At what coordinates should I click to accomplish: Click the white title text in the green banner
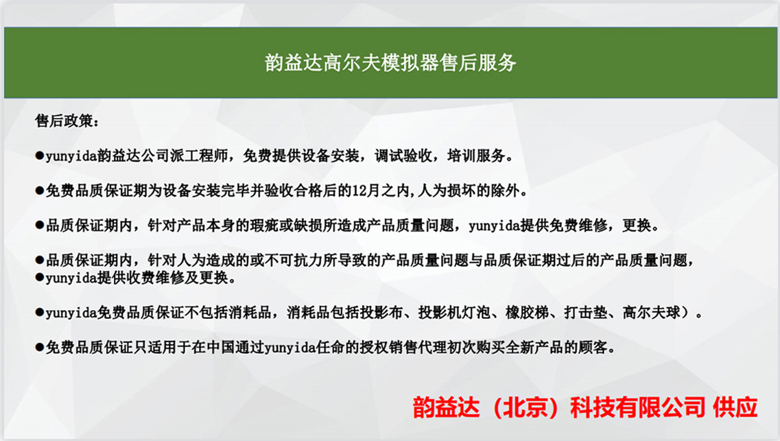(390, 62)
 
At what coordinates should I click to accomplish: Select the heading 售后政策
(64, 121)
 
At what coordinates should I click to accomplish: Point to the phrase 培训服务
(477, 156)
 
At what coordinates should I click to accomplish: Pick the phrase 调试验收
(403, 156)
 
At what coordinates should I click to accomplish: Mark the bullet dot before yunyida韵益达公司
(40, 156)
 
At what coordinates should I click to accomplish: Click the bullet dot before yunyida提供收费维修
(40, 278)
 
